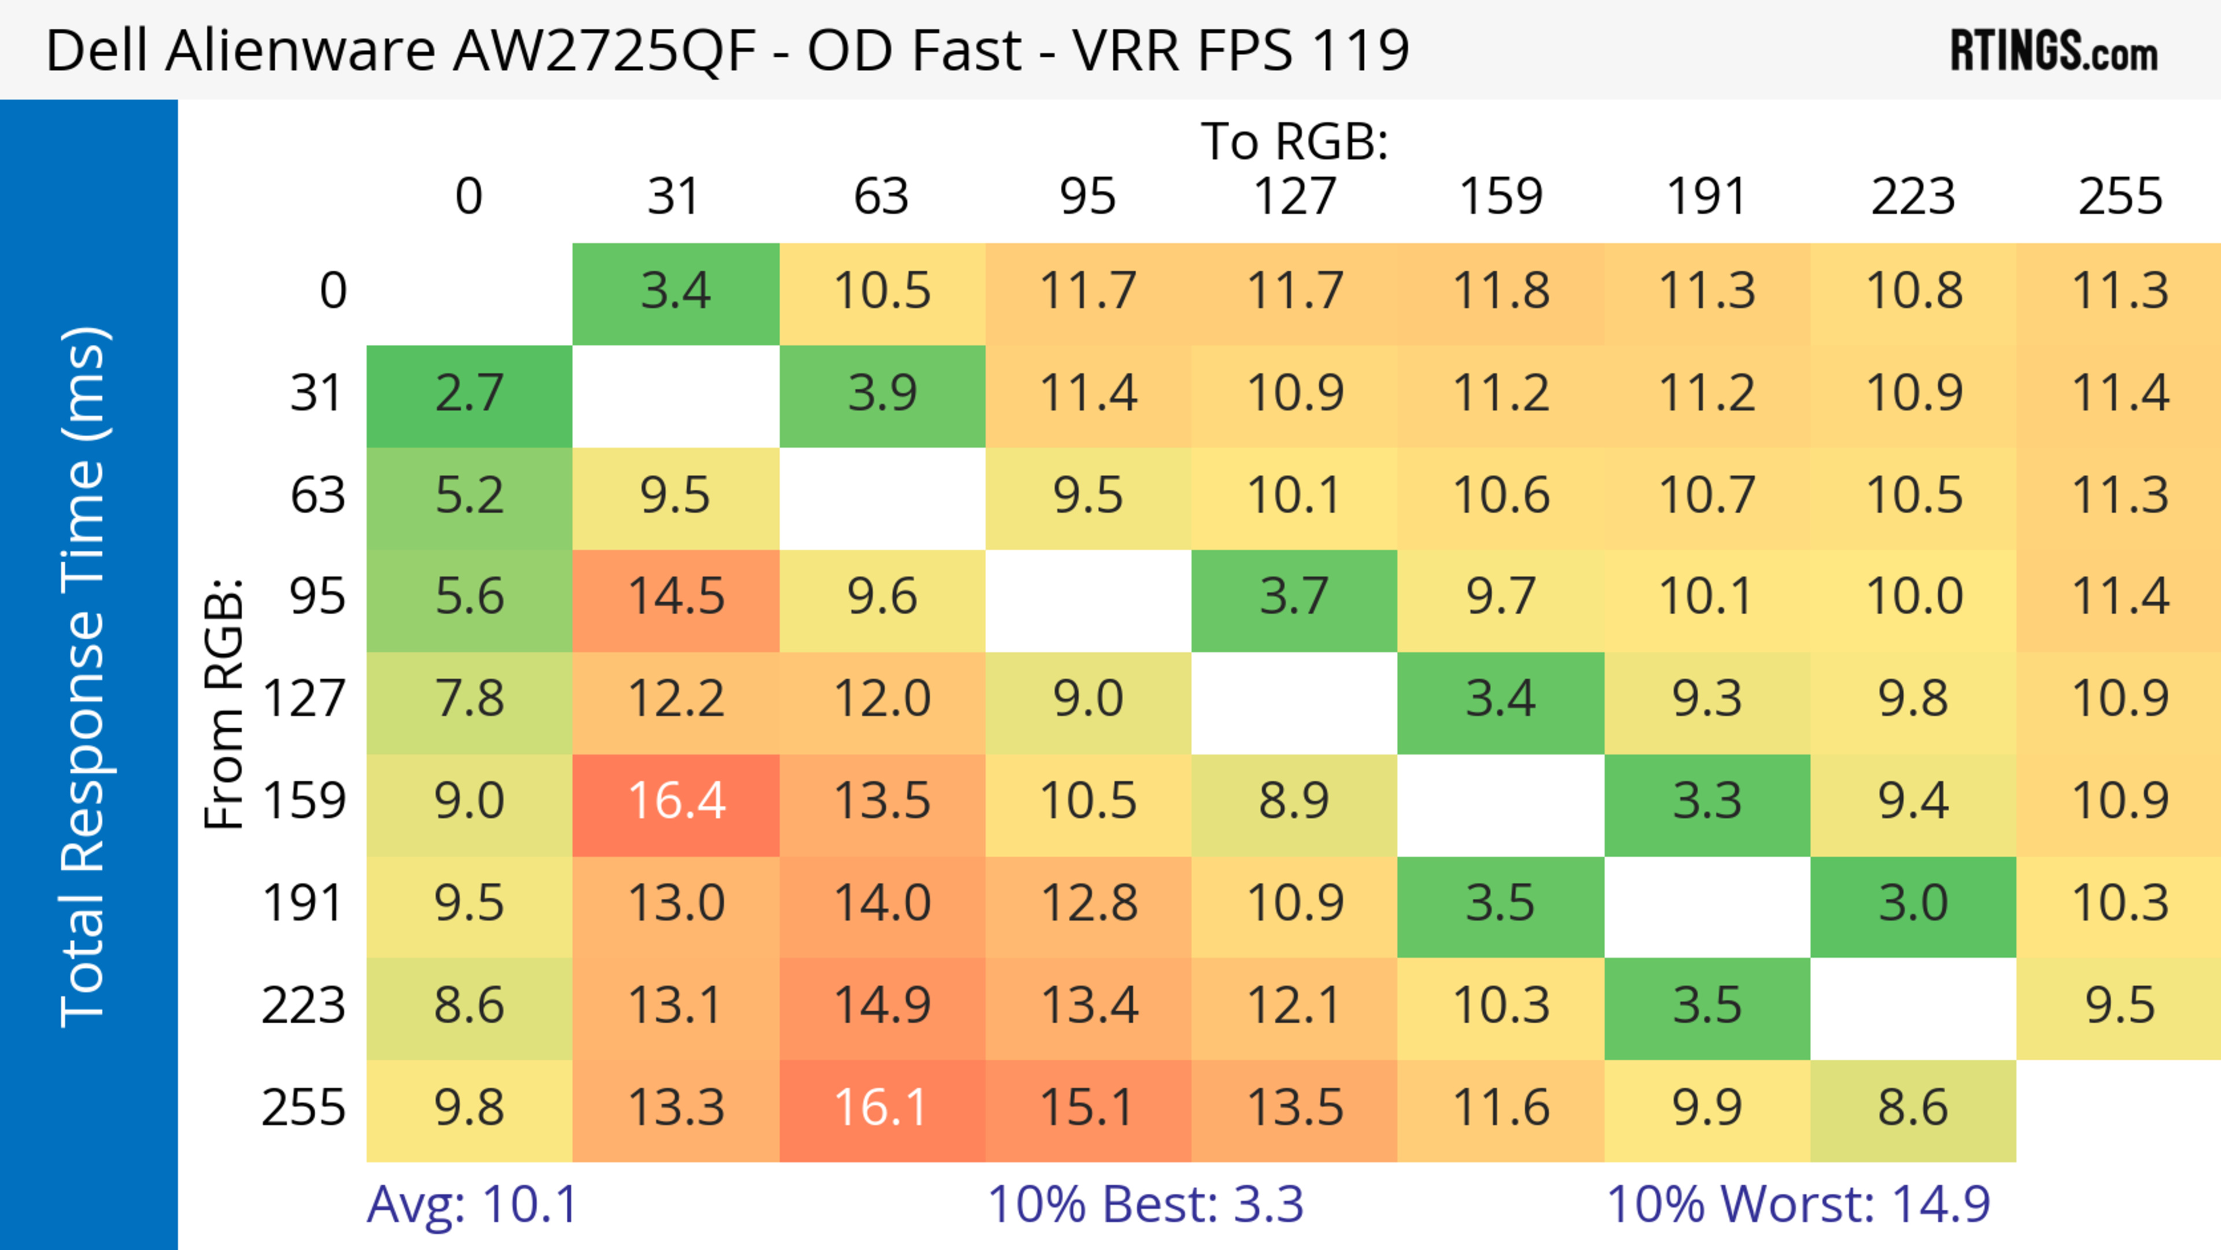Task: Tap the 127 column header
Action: [x=1294, y=197]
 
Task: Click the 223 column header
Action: [x=1913, y=197]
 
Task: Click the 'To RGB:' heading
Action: [x=1294, y=141]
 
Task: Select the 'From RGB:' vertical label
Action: [x=224, y=703]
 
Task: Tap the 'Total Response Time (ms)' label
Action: [x=84, y=677]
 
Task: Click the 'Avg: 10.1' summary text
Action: [x=471, y=1204]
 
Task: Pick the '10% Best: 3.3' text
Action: [x=1145, y=1204]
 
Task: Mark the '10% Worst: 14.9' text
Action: [x=1798, y=1204]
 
